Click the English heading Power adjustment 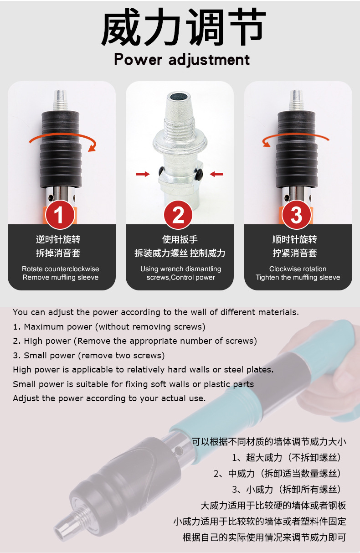(182, 60)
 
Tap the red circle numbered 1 (60, 215)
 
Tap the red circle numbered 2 (178, 215)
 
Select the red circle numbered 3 (297, 215)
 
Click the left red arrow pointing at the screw (143, 174)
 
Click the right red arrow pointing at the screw (216, 174)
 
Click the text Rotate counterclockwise (61, 269)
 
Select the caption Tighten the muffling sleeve (298, 277)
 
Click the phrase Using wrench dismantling (180, 269)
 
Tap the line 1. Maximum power (109, 327)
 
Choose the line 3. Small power (89, 355)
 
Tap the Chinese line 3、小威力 (286, 490)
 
